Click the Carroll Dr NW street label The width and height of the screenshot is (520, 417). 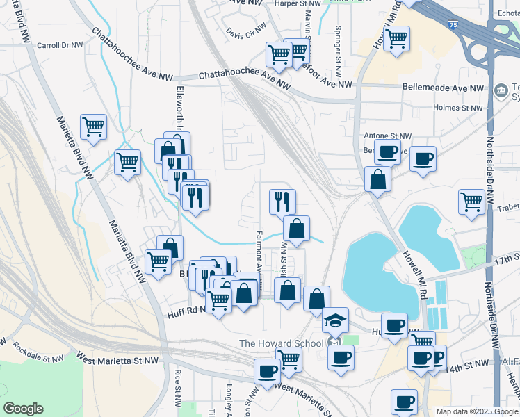[x=60, y=44]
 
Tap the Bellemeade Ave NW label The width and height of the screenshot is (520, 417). [x=443, y=88]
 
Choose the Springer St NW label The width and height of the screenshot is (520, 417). [x=338, y=43]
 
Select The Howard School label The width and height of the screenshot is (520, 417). [x=281, y=343]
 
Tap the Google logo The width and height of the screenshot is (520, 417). [x=24, y=409]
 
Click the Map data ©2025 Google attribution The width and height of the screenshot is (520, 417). [x=476, y=411]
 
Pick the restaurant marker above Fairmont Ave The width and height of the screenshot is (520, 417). [x=282, y=202]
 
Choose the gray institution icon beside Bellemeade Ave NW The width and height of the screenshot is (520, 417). [x=500, y=91]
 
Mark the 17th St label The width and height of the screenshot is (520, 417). [x=507, y=259]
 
